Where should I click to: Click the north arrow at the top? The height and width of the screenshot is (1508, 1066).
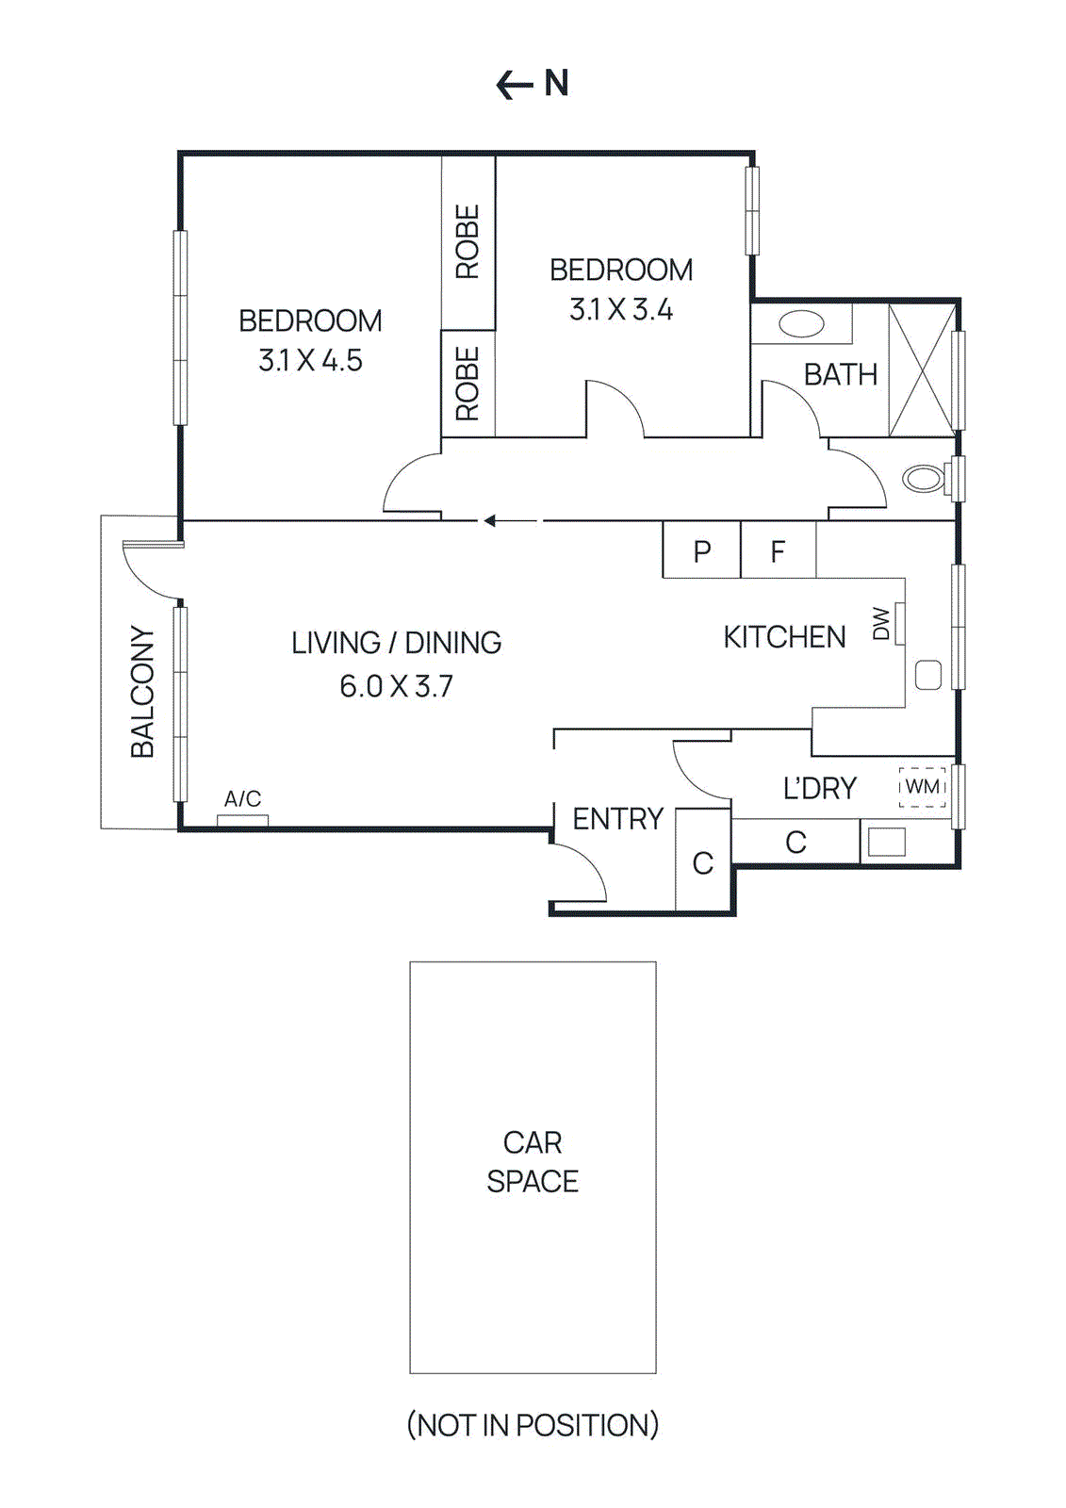tap(532, 84)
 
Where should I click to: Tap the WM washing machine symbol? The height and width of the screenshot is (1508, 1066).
tap(922, 786)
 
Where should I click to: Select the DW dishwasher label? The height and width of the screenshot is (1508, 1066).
tap(882, 623)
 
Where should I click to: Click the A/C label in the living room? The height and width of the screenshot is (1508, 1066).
tap(242, 799)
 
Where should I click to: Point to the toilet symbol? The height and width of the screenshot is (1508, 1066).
tap(924, 478)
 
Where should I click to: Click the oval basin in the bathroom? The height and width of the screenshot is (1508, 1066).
tap(801, 324)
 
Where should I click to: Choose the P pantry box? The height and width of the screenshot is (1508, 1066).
tap(701, 551)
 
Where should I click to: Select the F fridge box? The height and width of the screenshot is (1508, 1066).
tap(778, 551)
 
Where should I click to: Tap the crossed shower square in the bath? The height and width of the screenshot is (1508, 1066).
tap(922, 370)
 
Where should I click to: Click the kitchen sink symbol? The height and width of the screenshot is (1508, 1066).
tap(928, 675)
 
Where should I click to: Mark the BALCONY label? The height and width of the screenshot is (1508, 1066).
tap(142, 691)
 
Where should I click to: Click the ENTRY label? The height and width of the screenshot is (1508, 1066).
tap(618, 819)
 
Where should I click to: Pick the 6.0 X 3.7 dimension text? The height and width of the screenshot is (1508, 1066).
tap(396, 686)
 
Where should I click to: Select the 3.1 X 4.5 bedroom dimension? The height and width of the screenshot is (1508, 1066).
tap(310, 360)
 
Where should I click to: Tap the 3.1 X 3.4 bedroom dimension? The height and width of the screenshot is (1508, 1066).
tap(621, 309)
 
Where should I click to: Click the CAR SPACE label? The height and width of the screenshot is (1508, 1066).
tap(533, 1161)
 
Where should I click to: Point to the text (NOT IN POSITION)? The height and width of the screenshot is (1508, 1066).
tap(533, 1424)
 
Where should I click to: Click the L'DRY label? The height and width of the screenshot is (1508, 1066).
tap(820, 788)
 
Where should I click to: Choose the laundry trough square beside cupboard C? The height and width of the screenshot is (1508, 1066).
tap(886, 842)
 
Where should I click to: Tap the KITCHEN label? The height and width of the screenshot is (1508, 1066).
tap(784, 637)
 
